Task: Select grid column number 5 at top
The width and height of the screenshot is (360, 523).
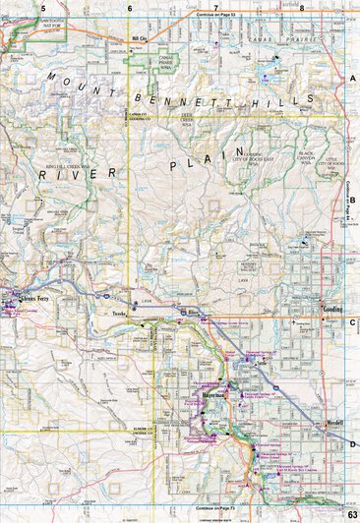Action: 44,7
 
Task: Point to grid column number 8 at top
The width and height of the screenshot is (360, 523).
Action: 303,7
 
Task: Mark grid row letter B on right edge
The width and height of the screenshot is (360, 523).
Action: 352,200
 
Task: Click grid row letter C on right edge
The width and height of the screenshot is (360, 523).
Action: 352,321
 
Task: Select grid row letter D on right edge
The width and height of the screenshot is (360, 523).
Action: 352,444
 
